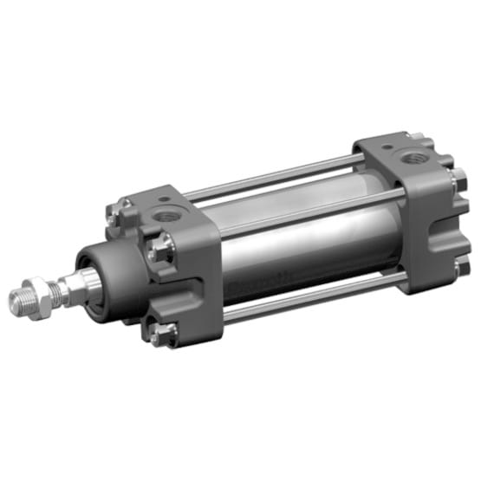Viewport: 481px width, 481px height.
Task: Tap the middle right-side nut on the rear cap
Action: coord(454,183)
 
